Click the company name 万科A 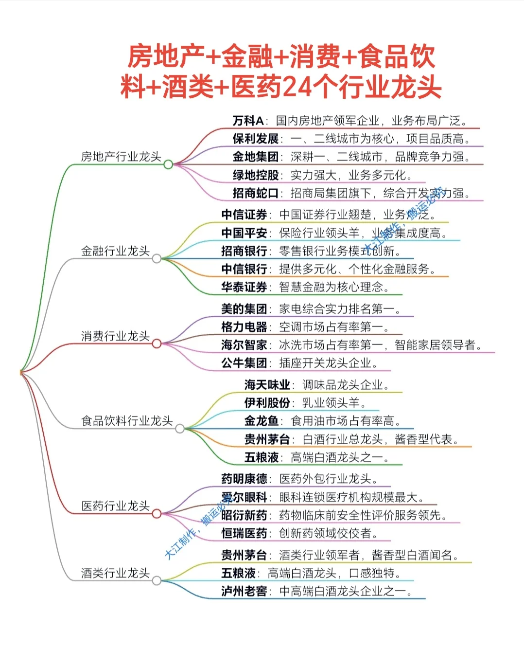point(248,121)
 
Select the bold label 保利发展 point(256,139)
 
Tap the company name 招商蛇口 point(256,193)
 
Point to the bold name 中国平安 point(244,233)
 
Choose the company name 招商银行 point(244,251)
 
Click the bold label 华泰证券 point(244,287)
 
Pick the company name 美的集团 point(244,308)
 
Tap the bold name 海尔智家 point(244,345)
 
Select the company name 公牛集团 point(244,363)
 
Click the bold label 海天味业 point(267,385)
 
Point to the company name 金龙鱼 point(262,421)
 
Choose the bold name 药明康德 point(244,479)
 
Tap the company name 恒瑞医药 point(244,533)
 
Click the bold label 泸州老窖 point(244,591)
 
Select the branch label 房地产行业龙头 point(121,157)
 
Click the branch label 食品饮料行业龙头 point(127,421)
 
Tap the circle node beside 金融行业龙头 point(157,258)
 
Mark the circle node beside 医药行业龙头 point(157,513)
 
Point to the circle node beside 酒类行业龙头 point(157,580)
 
